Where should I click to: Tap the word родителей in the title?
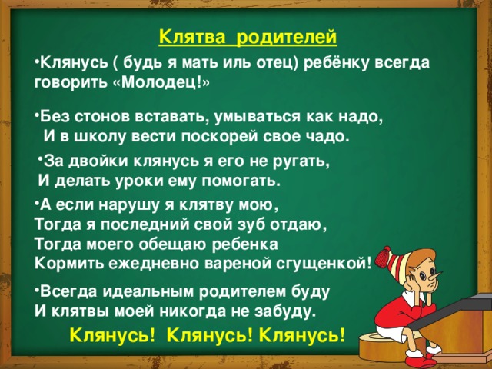287,37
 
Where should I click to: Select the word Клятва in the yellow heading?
192,36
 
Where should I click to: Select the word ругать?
302,162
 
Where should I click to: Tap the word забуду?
284,311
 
